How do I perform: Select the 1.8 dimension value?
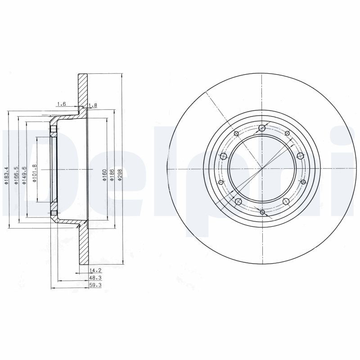[93, 105]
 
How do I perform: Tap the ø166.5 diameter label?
[16, 175]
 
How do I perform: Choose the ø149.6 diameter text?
[24, 175]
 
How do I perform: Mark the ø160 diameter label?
[104, 175]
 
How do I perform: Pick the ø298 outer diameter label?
[120, 175]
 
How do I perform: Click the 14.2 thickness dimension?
[94, 270]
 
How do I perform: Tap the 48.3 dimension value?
[94, 278]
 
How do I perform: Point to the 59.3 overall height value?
[94, 285]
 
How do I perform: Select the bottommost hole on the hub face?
[262, 211]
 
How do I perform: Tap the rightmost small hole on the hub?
[303, 182]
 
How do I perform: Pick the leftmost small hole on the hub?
[220, 182]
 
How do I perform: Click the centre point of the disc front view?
[262, 169]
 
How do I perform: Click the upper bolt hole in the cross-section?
[54, 130]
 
